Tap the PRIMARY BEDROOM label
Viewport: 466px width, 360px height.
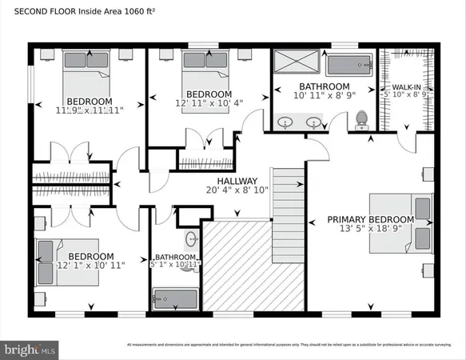pyautogui.click(x=371, y=219)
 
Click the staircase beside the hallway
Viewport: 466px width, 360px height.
pyautogui.click(x=289, y=193)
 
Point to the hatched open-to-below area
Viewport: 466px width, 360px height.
pyautogui.click(x=253, y=268)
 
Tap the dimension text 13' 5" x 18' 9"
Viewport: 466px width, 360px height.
pyautogui.click(x=371, y=230)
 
